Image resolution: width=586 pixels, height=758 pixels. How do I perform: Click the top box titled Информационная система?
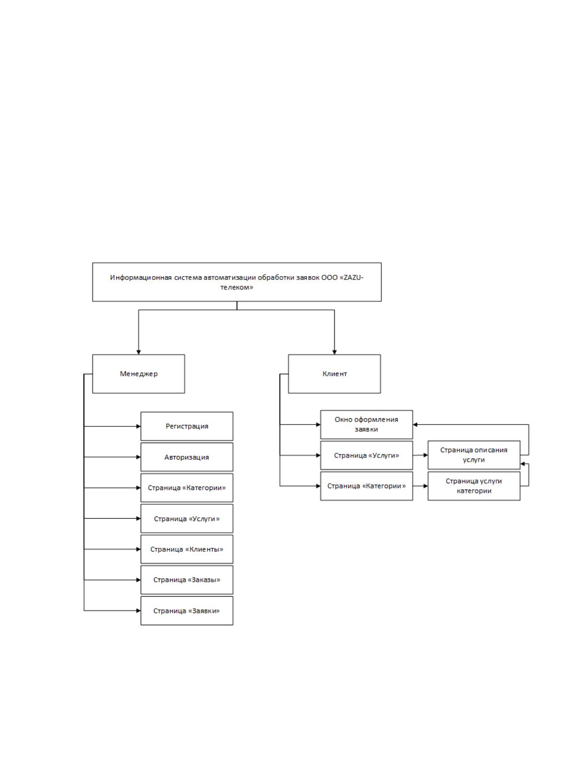pos(237,282)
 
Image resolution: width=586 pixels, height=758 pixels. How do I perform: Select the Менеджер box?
pos(138,374)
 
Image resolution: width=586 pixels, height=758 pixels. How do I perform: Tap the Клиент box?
pos(334,374)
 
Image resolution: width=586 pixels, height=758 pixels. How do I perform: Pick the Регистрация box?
pos(187,426)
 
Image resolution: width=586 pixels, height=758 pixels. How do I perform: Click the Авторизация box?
pos(187,457)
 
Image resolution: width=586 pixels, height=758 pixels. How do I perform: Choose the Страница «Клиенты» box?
pos(187,549)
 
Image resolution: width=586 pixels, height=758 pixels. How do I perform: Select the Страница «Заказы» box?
pos(187,580)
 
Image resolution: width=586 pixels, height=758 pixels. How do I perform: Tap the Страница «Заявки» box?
pos(187,611)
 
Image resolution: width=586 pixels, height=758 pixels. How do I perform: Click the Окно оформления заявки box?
pos(366,424)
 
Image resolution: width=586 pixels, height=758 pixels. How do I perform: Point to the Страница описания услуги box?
pos(474,455)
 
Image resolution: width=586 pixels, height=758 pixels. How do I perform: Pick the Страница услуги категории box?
pos(474,486)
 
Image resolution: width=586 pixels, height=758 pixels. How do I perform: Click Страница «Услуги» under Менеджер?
pos(187,518)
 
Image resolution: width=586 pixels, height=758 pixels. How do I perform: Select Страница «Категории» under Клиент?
pos(366,486)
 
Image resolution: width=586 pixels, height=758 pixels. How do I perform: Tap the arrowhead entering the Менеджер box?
pos(138,352)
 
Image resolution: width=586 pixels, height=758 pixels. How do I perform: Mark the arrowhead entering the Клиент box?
pos(334,352)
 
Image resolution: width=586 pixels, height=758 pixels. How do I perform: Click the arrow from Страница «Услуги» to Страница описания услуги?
pos(420,455)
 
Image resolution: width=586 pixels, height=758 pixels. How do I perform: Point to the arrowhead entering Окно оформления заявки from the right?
pos(416,424)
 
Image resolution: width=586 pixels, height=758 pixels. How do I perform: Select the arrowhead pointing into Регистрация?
pos(138,426)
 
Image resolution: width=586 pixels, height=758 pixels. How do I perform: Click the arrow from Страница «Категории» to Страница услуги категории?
pos(420,486)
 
